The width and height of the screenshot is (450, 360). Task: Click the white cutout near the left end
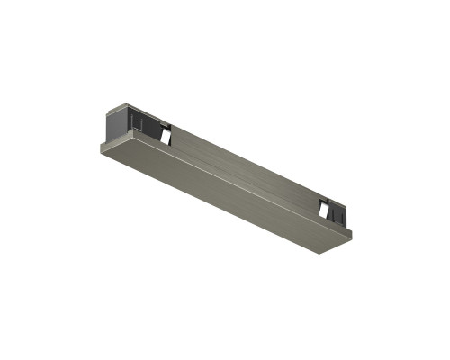click(x=165, y=134)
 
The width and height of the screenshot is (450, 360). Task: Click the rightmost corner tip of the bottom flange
click(x=352, y=236)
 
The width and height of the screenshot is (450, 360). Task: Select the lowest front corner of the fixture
click(x=317, y=253)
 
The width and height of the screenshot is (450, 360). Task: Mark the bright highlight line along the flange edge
click(x=225, y=179)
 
